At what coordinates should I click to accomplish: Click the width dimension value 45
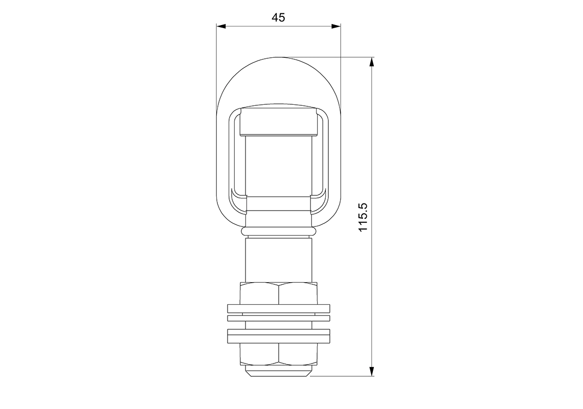pyautogui.click(x=278, y=17)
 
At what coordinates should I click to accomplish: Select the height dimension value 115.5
pyautogui.click(x=364, y=217)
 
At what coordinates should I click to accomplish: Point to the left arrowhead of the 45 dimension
pyautogui.click(x=220, y=26)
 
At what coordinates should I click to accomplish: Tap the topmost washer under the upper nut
pyautogui.click(x=278, y=308)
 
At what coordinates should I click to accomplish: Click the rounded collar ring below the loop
pyautogui.click(x=278, y=232)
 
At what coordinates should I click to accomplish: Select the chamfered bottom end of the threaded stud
pyautogui.click(x=278, y=372)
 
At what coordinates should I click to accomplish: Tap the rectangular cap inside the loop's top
pyautogui.click(x=278, y=121)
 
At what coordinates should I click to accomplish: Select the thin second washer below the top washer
pyautogui.click(x=278, y=318)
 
